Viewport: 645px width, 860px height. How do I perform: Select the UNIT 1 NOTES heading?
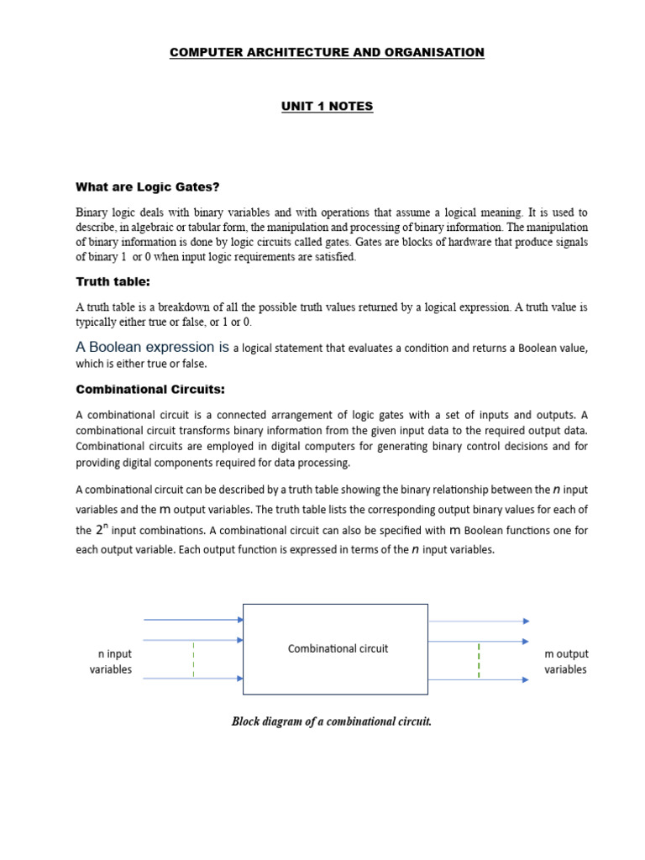coord(327,106)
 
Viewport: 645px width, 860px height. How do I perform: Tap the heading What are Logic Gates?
coord(153,186)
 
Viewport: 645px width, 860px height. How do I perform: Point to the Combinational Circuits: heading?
coord(150,389)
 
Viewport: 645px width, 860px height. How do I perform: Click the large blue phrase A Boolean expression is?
coord(153,347)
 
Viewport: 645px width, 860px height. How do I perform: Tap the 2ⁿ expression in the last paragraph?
coord(101,530)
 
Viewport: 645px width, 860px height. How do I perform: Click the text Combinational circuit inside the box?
coord(338,648)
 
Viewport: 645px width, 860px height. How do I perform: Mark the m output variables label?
coord(565,662)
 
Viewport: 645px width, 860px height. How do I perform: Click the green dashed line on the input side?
coord(193,659)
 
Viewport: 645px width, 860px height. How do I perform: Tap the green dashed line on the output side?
coord(479,660)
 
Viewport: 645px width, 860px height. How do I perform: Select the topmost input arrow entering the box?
coord(193,620)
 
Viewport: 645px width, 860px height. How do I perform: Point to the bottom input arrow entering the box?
coord(193,679)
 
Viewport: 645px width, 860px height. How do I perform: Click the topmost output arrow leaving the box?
coord(479,621)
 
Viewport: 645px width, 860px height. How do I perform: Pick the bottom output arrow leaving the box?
coord(479,679)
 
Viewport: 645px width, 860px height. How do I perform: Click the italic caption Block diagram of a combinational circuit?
coord(332,721)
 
